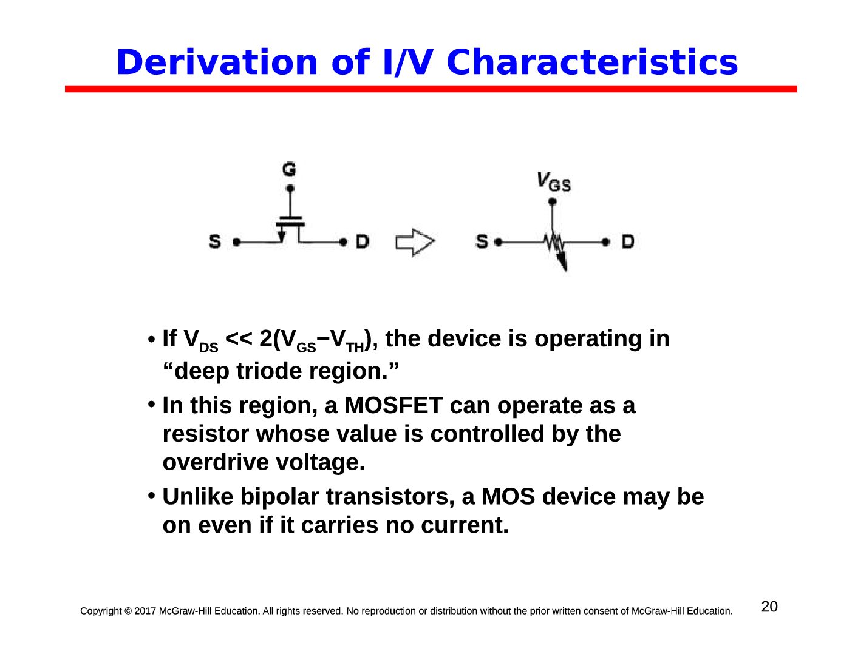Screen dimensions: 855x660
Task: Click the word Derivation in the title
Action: point(216,62)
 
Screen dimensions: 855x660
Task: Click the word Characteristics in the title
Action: point(592,62)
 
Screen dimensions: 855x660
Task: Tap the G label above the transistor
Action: point(289,169)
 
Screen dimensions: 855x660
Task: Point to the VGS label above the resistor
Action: point(554,182)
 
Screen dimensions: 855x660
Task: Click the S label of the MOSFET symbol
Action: point(215,241)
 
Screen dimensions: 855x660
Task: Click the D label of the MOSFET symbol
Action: point(362,241)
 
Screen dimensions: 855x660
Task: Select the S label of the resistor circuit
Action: point(482,241)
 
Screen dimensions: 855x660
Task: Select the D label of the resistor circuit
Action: point(627,241)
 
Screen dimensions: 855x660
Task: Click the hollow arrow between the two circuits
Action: point(415,242)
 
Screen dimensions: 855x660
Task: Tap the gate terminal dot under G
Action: point(290,189)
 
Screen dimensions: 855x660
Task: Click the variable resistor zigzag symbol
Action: point(554,244)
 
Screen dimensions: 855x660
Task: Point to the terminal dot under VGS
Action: point(552,201)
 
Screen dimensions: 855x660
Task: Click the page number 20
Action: point(769,606)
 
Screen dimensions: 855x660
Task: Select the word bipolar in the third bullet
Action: point(279,496)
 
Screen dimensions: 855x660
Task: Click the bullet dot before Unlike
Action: point(151,496)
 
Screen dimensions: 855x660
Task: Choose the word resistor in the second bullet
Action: point(206,434)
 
